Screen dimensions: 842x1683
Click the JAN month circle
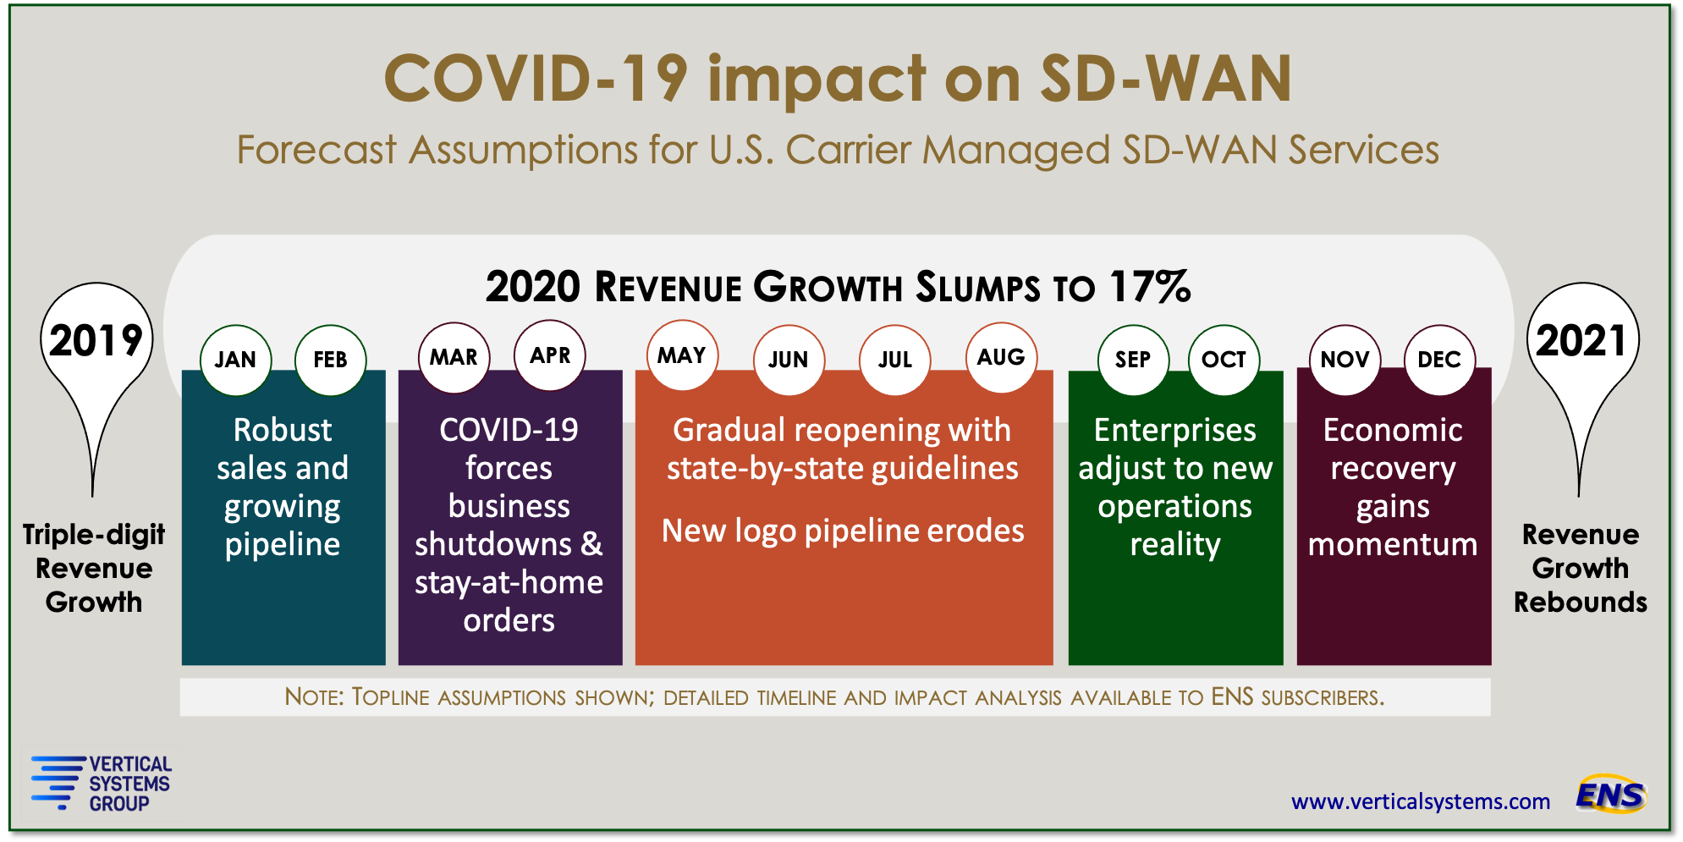235,360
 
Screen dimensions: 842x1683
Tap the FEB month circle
330,360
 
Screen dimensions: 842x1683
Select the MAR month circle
454,357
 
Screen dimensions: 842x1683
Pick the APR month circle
550,355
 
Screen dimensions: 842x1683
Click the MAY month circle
682,355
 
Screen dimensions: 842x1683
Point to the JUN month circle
789,360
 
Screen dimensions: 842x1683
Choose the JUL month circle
895,360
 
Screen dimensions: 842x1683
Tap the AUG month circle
1001,357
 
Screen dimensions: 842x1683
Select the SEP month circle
1133,360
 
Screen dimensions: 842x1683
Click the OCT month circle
1224,360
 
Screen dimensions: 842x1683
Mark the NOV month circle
1345,360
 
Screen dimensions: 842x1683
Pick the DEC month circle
1439,360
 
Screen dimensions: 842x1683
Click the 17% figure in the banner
1150,287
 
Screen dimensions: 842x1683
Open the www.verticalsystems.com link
1421,801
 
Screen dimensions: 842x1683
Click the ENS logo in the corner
1611,795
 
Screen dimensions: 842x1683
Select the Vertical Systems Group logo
101,784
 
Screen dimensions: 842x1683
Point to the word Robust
283,430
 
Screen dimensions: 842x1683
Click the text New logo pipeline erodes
843,531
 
